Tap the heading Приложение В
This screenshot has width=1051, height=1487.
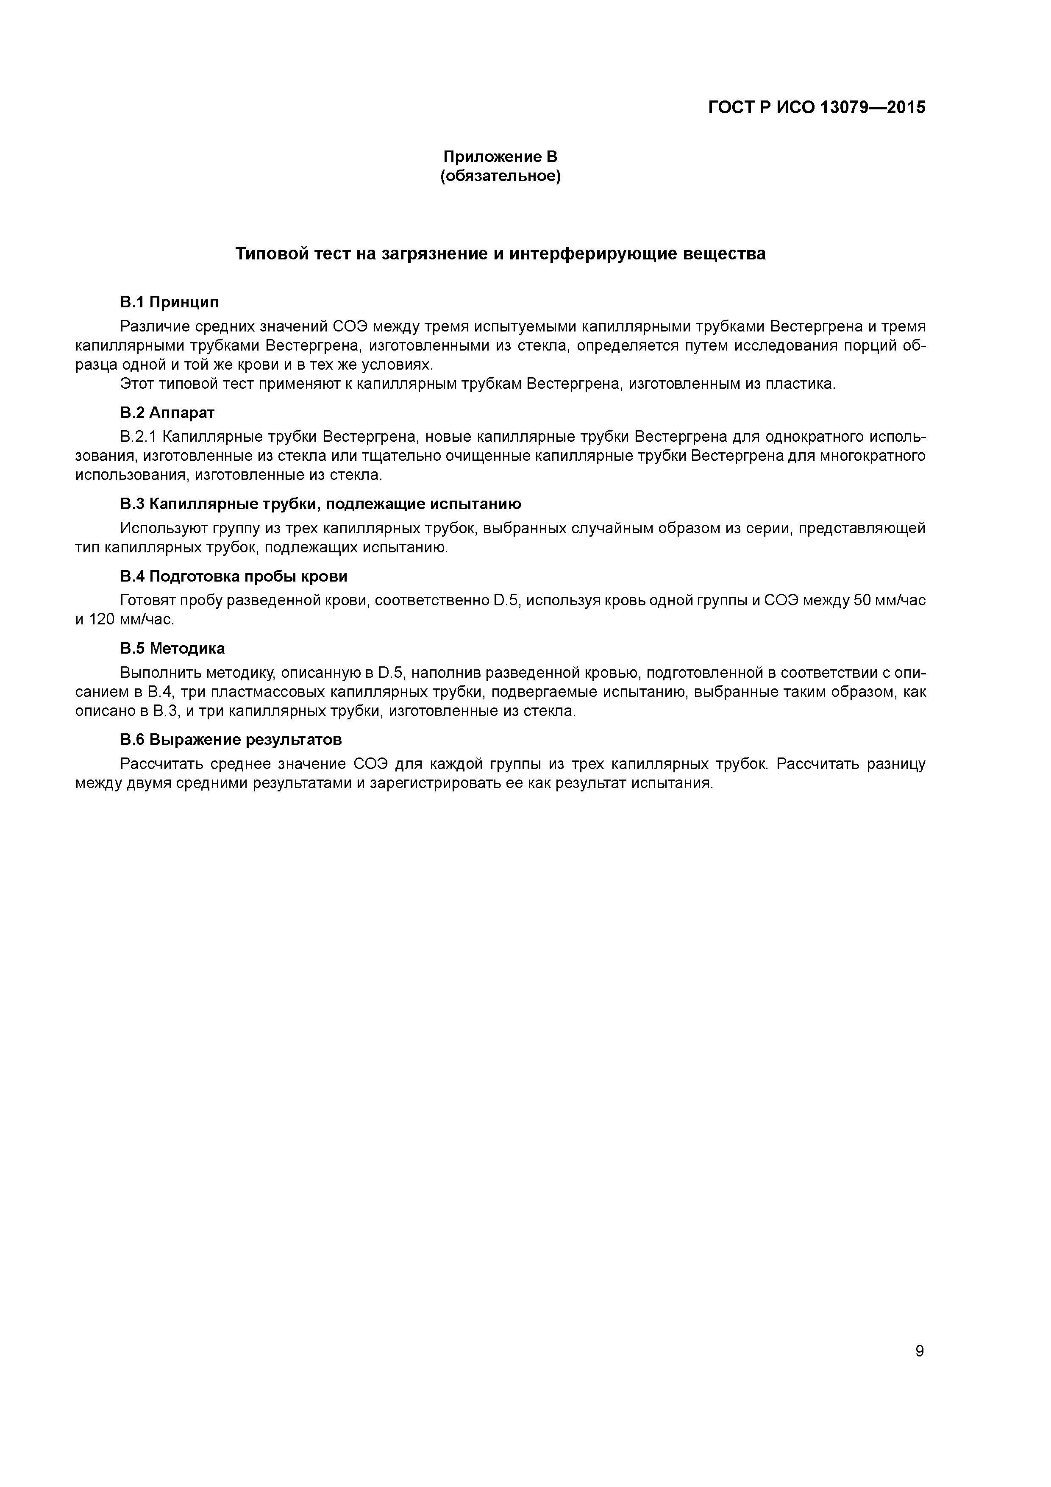(500, 157)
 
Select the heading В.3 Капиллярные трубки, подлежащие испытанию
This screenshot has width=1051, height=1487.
(320, 504)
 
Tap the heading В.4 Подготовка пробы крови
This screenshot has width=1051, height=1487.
(234, 576)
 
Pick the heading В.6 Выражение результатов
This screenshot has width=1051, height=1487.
(231, 740)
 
